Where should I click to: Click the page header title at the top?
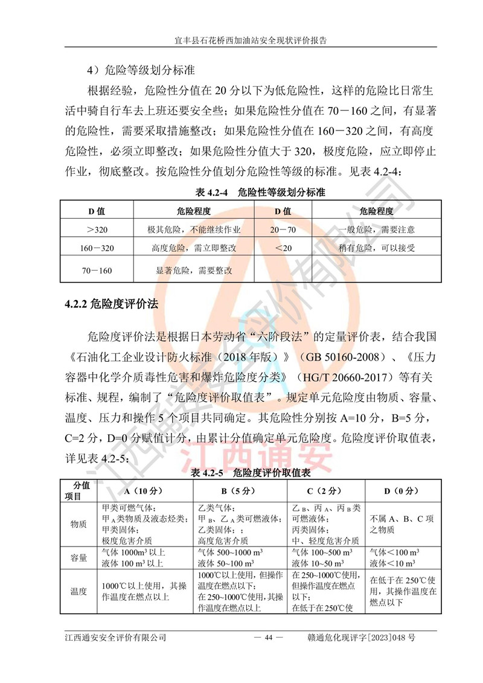click(x=241, y=41)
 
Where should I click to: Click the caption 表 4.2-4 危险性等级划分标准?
click(x=260, y=193)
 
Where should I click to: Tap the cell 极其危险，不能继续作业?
click(x=194, y=229)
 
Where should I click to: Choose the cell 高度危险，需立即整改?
click(x=194, y=248)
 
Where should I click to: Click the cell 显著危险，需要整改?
click(x=194, y=271)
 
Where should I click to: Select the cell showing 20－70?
click(x=283, y=229)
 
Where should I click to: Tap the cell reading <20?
click(x=283, y=248)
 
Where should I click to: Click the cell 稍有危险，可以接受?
click(x=376, y=248)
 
